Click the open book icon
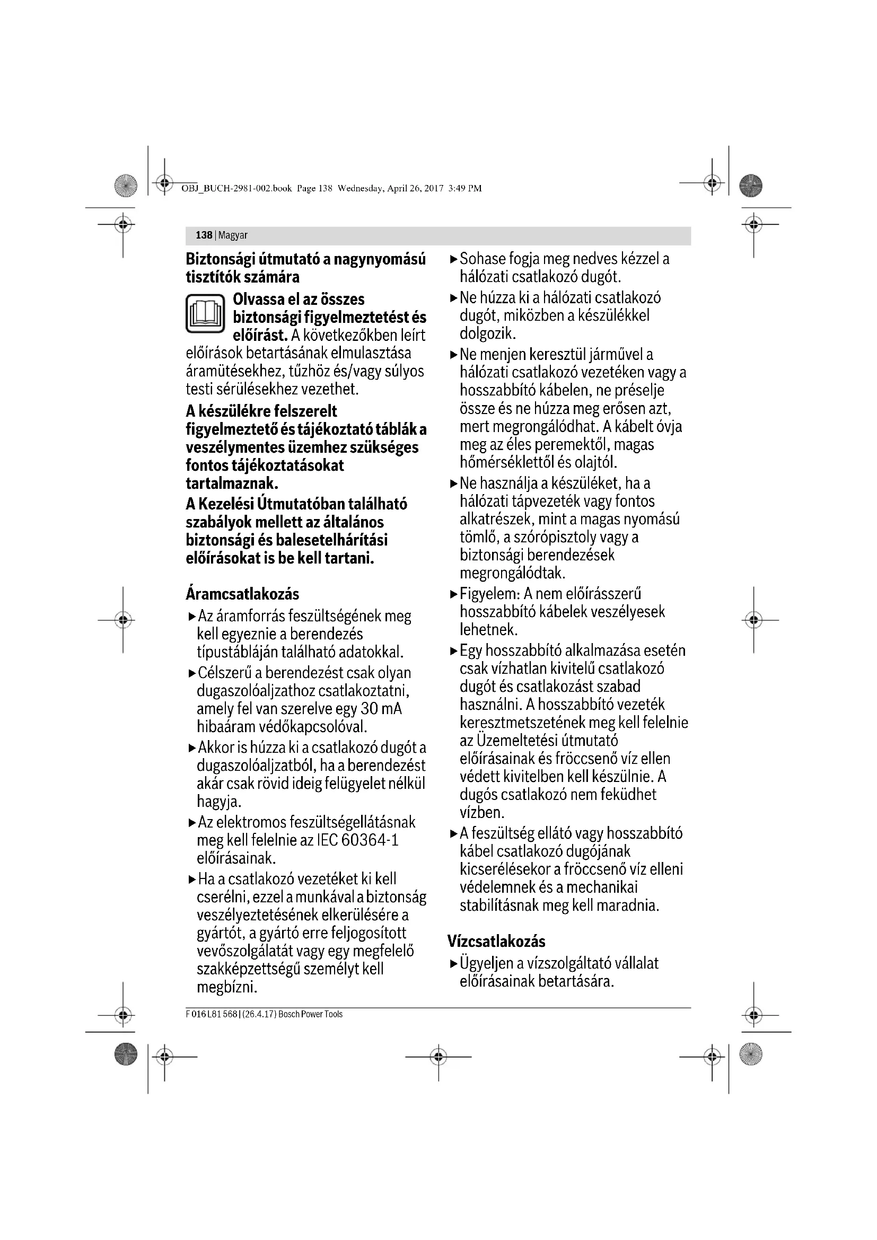205,313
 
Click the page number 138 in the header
204,235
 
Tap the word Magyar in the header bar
233,235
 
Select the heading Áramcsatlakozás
242,594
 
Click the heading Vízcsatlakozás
496,942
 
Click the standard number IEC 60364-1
357,840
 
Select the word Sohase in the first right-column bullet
482,259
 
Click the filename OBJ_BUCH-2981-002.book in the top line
236,189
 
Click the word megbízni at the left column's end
226,987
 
